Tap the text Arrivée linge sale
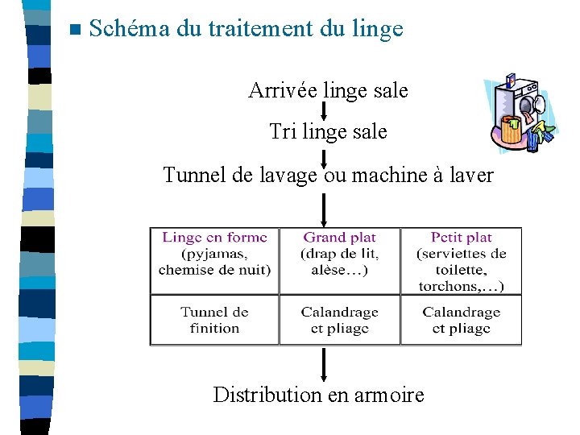[x=328, y=90]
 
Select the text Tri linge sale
[x=328, y=131]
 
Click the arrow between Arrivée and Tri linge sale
[x=324, y=111]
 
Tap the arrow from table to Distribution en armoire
[x=324, y=364]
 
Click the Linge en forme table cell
[x=214, y=260]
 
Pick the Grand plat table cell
[x=340, y=260]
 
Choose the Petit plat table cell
[x=461, y=260]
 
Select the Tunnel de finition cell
[x=214, y=320]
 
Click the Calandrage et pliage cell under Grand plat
[x=340, y=320]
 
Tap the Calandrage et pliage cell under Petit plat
[x=461, y=320]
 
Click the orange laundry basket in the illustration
[x=511, y=130]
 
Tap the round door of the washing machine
[x=531, y=105]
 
